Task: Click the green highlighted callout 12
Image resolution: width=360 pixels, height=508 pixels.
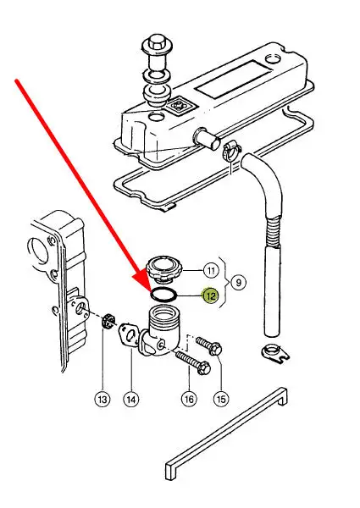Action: click(x=210, y=295)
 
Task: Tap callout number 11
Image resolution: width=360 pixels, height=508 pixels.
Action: click(x=211, y=270)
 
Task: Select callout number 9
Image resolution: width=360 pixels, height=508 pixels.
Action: click(x=239, y=283)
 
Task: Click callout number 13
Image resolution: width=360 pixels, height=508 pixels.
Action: click(x=102, y=399)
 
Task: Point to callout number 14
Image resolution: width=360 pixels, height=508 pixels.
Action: click(x=131, y=399)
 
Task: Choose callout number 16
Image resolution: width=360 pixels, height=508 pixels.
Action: click(x=189, y=399)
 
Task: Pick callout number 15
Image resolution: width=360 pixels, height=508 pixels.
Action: click(x=221, y=399)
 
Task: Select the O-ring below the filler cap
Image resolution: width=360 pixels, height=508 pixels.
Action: click(x=164, y=295)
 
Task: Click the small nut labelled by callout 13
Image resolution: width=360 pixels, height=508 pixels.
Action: click(x=108, y=320)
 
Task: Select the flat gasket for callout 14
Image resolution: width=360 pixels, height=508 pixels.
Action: click(x=128, y=337)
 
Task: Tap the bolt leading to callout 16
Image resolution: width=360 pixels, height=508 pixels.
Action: click(x=193, y=364)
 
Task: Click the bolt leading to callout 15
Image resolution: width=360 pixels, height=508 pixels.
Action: click(x=209, y=345)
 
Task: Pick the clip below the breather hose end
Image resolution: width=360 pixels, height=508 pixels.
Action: click(x=275, y=353)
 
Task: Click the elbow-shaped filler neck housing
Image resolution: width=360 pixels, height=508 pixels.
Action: click(x=160, y=333)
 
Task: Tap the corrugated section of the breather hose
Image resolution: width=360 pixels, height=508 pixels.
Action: click(x=272, y=231)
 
